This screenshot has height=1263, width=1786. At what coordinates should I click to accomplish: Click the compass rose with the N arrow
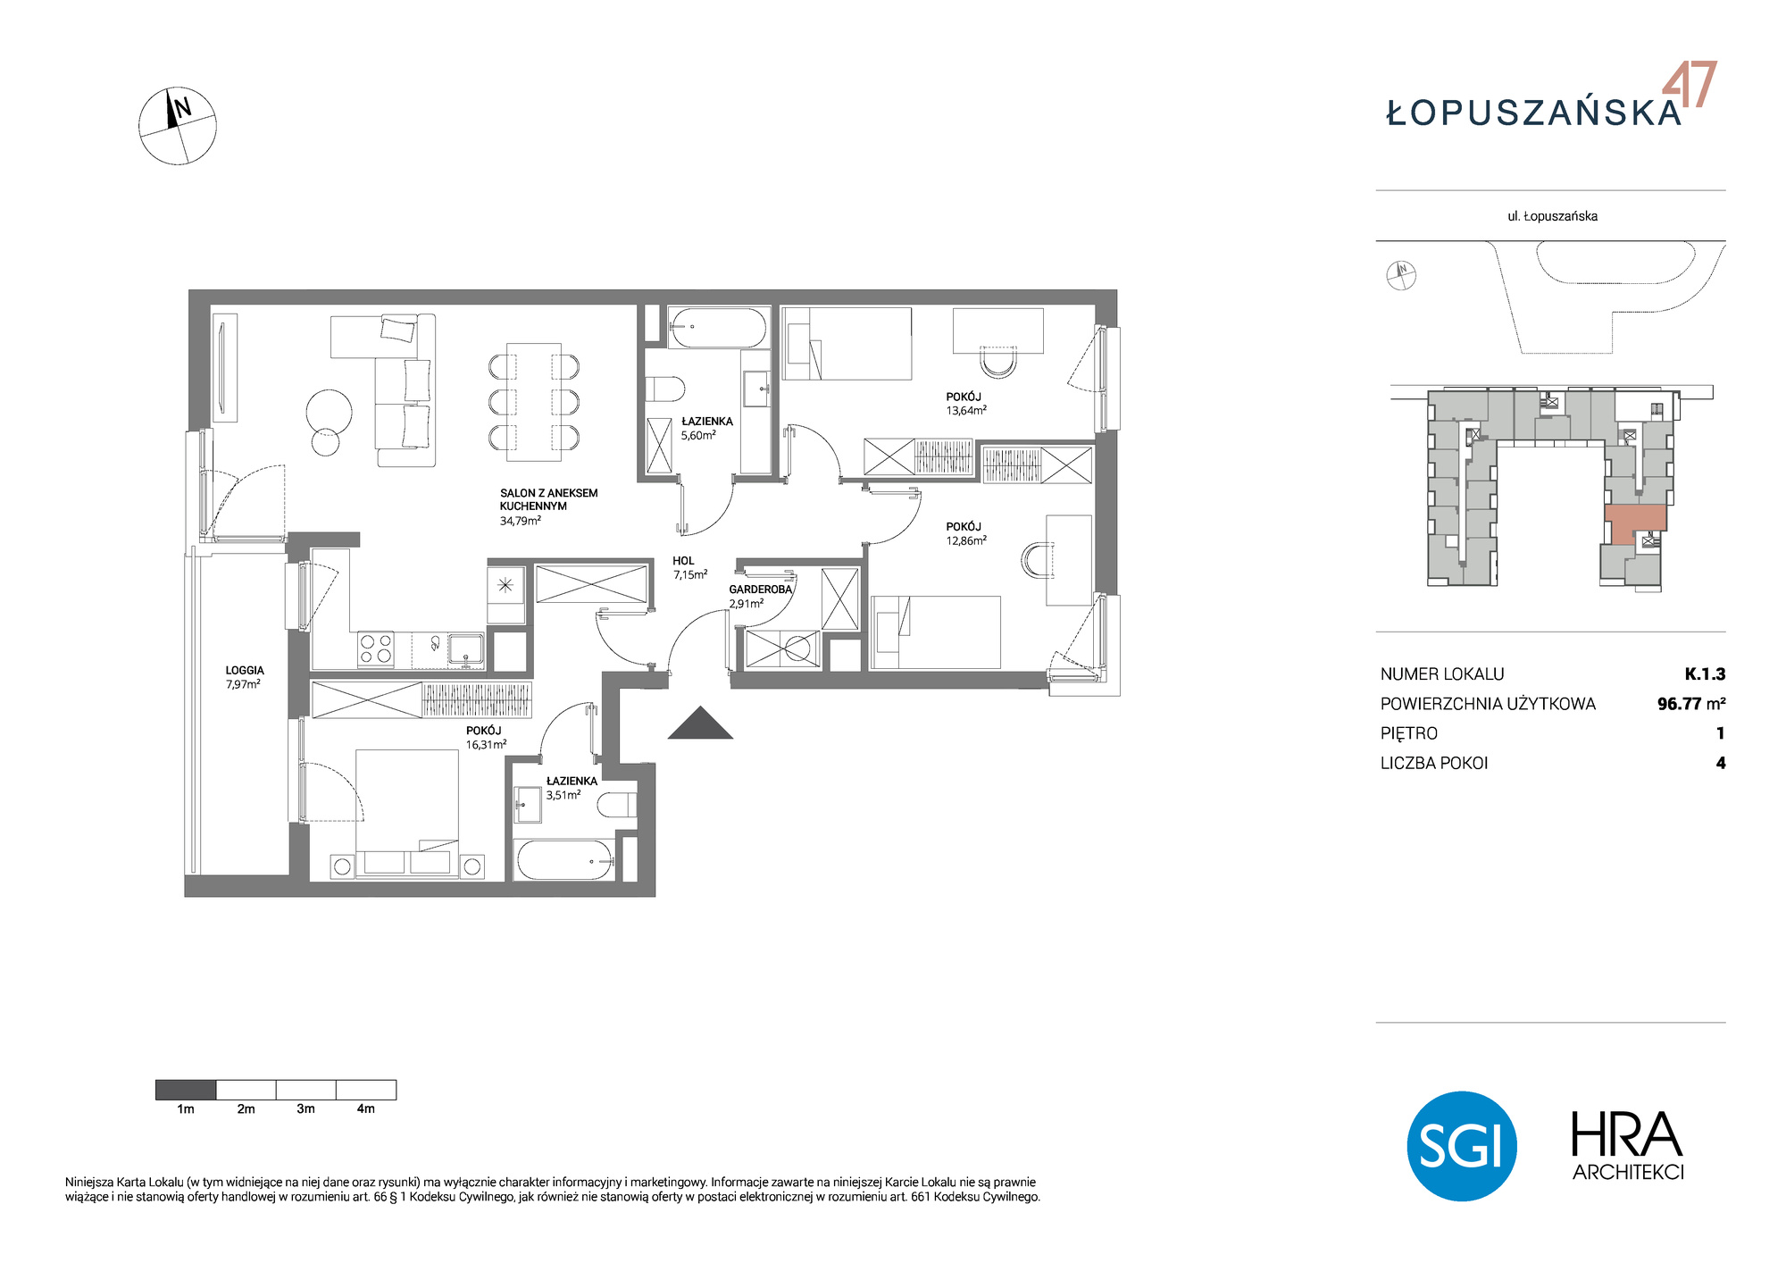(178, 126)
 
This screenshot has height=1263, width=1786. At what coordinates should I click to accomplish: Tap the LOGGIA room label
(245, 670)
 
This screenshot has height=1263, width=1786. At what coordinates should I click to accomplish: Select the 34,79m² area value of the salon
(521, 521)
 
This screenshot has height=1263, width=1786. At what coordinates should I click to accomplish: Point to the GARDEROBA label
(761, 590)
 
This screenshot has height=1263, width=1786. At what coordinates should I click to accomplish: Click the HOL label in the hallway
(683, 561)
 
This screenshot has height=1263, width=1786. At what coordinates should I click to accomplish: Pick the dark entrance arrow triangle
(701, 723)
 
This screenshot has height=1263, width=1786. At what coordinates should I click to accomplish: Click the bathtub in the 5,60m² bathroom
(717, 328)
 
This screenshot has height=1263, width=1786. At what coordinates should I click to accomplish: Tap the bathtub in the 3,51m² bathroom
(565, 860)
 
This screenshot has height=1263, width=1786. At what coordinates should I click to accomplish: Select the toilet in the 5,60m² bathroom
(664, 389)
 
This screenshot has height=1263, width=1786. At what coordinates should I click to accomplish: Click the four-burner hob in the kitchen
(376, 648)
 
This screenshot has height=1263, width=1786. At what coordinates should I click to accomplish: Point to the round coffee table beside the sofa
(330, 412)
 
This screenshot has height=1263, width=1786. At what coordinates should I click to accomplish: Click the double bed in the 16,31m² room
(407, 813)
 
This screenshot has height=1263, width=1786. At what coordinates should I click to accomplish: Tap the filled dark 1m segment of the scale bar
(186, 1090)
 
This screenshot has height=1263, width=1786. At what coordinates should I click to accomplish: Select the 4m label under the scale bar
(366, 1109)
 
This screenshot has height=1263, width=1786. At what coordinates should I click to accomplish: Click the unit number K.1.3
(1705, 674)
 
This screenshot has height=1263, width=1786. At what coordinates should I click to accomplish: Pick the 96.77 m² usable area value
(1691, 704)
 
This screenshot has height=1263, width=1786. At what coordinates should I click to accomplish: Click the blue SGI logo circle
(1462, 1146)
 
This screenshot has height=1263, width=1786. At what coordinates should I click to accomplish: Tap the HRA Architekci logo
(1628, 1147)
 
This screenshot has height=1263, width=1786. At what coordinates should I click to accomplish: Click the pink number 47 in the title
(1690, 85)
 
